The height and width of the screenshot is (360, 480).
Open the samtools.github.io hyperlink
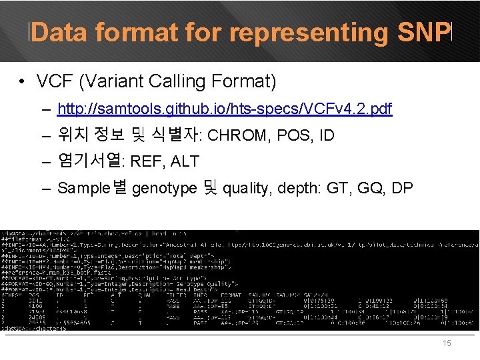[225, 109]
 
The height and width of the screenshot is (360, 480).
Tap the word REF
[144, 161]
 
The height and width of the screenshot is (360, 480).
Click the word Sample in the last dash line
[85, 189]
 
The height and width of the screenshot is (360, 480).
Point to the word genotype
[163, 189]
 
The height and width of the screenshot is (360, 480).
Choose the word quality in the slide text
[244, 189]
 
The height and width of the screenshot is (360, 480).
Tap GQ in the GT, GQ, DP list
[369, 189]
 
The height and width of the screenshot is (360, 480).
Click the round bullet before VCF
[23, 83]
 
